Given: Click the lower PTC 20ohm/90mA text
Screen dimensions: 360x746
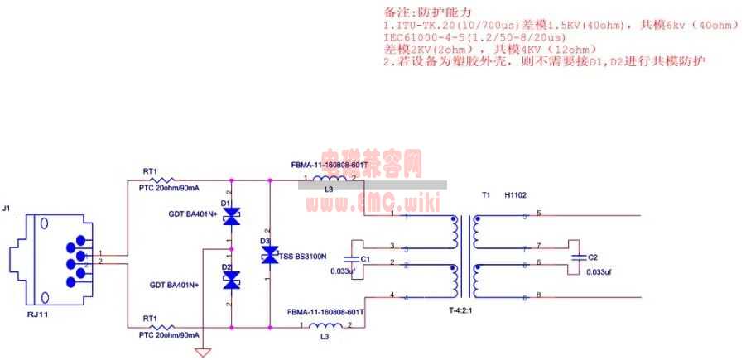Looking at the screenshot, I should coord(169,335).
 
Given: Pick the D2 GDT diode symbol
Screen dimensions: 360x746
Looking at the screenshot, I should coord(232,280).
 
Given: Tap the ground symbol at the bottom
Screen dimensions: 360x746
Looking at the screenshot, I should coord(203,353).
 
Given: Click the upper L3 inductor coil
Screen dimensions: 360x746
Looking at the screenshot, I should coord(329,180).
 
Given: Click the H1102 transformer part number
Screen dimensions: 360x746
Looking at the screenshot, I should coord(517,196).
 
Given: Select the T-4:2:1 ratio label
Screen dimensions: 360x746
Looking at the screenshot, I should coord(464,311).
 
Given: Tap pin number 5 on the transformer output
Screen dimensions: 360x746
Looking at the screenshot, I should coord(538,214).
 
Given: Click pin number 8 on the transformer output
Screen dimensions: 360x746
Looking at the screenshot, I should coord(538,295).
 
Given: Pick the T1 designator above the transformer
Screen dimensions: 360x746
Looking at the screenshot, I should coord(486,196).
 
